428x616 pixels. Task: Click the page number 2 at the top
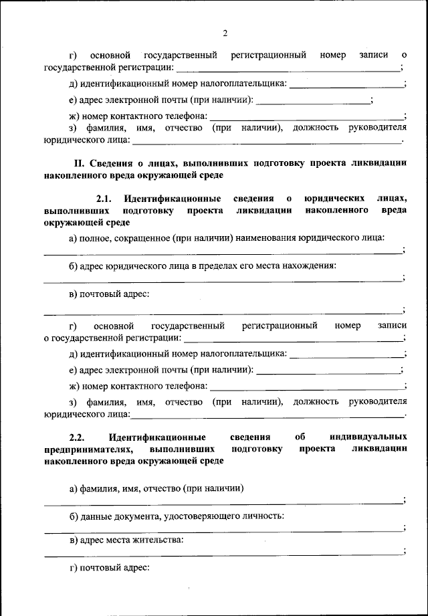[225, 33]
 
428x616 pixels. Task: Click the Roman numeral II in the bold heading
[78, 163]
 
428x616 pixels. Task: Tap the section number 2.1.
[106, 199]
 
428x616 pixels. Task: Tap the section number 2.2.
[78, 437]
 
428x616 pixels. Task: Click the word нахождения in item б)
[308, 266]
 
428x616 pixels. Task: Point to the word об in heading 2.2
[299, 437]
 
